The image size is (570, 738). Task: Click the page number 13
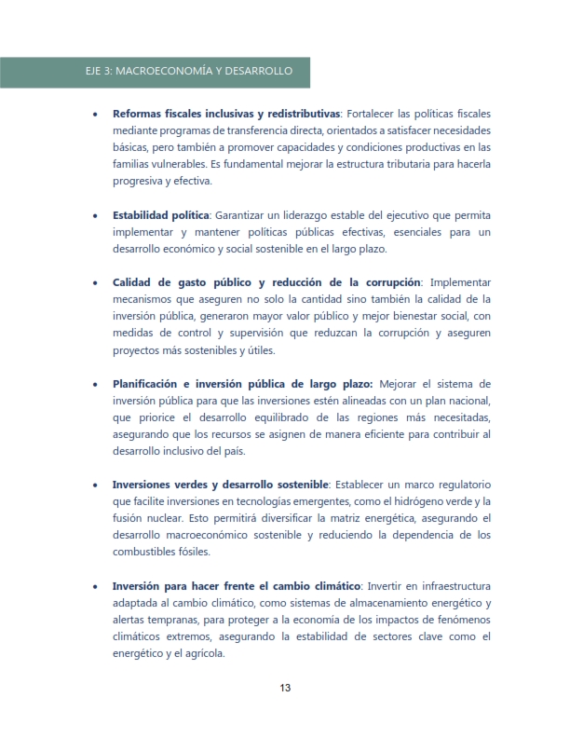click(x=285, y=689)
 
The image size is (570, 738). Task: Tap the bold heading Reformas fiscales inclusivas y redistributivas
click(x=226, y=114)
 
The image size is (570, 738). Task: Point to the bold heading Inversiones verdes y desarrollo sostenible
click(x=220, y=485)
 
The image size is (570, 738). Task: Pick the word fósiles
click(x=186, y=552)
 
